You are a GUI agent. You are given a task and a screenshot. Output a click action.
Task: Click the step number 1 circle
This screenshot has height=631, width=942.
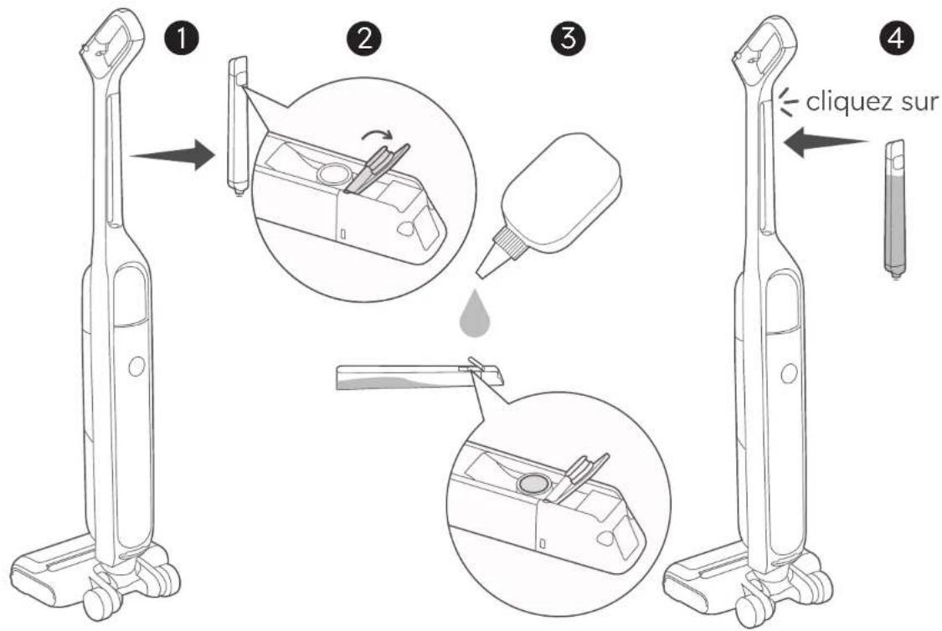pyautogui.click(x=182, y=39)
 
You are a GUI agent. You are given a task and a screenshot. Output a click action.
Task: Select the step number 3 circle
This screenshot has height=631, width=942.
pyautogui.click(x=568, y=38)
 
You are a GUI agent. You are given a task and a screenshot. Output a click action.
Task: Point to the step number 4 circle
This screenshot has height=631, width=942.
pyautogui.click(x=896, y=39)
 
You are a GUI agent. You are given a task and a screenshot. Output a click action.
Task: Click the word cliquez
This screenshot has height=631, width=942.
pyautogui.click(x=845, y=103)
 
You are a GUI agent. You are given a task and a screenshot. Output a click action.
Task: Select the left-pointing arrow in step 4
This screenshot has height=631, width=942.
pyautogui.click(x=826, y=142)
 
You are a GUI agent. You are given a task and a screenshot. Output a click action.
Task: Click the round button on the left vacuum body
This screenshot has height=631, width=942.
pyautogui.click(x=136, y=366)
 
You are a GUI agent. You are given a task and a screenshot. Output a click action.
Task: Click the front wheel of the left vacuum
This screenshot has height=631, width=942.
pyautogui.click(x=97, y=604)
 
